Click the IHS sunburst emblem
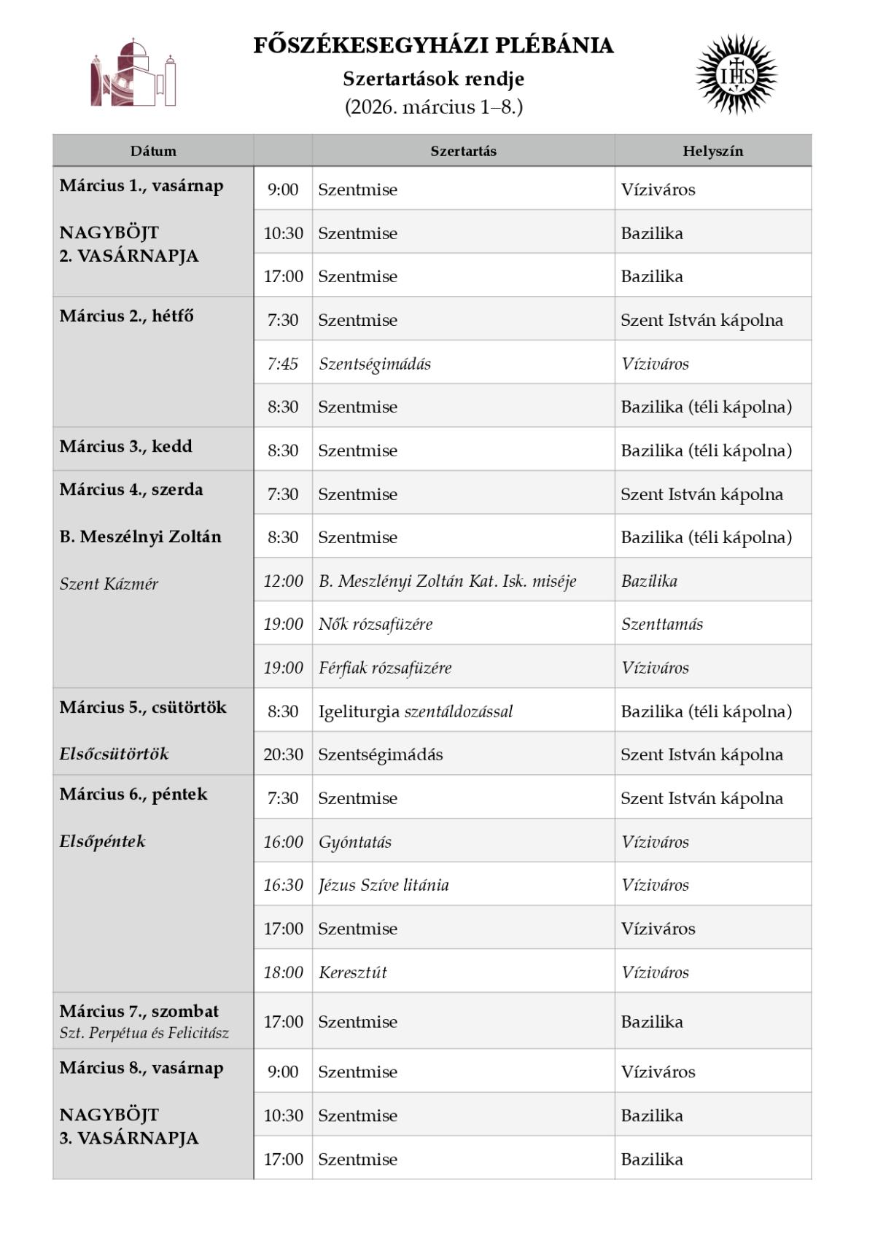pos(736,74)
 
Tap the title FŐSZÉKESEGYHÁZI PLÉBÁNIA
pos(433,46)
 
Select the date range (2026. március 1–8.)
pos(433,107)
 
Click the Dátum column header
pos(153,151)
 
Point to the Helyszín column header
pos(712,151)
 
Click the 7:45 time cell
pos(283,363)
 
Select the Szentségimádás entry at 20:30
pos(381,754)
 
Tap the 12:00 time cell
pos(283,581)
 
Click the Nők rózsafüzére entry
pos(376,624)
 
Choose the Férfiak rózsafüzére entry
pos(385,668)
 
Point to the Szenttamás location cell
pos(662,624)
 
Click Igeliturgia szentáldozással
pos(416,711)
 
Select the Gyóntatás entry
pos(355,842)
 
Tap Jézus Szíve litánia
pos(384,885)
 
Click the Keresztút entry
pos(353,972)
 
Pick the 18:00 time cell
pos(283,972)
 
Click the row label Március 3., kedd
pos(126,446)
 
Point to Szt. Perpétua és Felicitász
pos(144,1033)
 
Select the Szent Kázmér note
pos(109,584)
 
